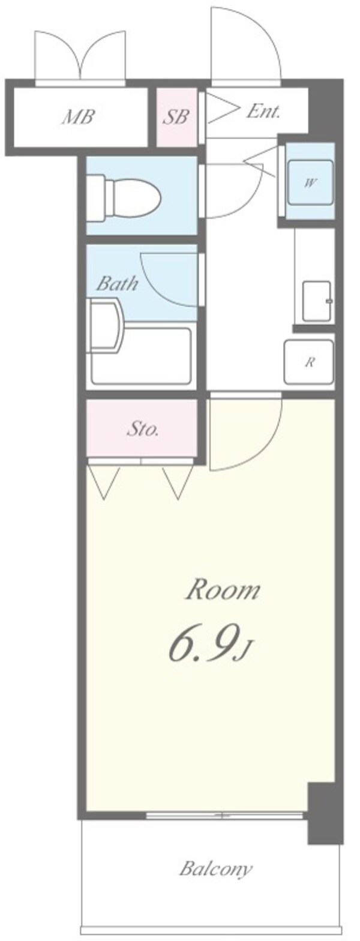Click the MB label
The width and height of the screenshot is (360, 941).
point(78,117)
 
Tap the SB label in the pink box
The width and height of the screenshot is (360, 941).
point(177,116)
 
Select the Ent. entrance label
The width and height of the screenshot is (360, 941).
point(263,111)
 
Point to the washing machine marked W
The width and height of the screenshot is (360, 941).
point(310,182)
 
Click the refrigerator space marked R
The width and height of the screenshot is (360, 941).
point(310,361)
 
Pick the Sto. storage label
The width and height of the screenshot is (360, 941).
point(142,429)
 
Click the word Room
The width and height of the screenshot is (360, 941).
point(223,591)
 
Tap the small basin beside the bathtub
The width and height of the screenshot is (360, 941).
point(106,327)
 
